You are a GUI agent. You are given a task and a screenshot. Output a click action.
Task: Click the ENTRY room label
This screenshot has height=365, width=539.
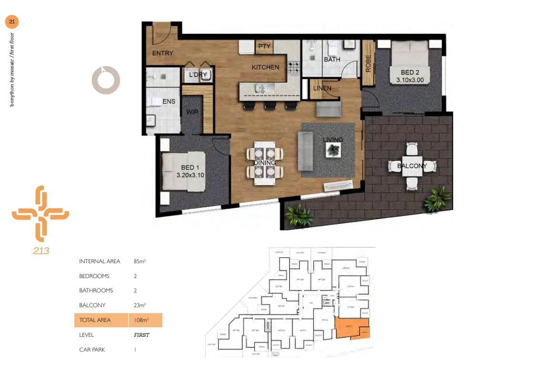pyautogui.click(x=162, y=53)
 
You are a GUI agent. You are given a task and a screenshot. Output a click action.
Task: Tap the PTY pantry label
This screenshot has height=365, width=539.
pyautogui.click(x=264, y=46)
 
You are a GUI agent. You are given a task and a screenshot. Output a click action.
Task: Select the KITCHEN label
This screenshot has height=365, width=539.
pyautogui.click(x=265, y=67)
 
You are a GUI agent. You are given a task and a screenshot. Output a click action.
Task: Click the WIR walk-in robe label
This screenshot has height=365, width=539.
pyautogui.click(x=193, y=112)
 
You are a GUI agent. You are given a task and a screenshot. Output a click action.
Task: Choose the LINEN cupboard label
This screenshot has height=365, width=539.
pyautogui.click(x=323, y=88)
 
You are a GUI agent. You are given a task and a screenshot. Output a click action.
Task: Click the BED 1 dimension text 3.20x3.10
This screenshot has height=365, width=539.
pyautogui.click(x=190, y=175)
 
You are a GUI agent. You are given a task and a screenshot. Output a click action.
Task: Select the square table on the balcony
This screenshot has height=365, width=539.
pyautogui.click(x=411, y=166)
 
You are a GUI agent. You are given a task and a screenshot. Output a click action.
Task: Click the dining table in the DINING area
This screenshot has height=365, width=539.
pyautogui.click(x=264, y=162)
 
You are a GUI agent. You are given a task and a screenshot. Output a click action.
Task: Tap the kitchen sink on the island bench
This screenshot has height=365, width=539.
pyautogui.click(x=261, y=88)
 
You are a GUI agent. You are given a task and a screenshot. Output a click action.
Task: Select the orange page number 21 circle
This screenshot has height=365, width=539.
pyautogui.click(x=12, y=21)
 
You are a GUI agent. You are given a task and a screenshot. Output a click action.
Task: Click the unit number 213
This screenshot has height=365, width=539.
pyautogui.click(x=41, y=251)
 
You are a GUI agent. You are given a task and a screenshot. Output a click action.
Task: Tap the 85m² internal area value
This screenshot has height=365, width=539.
pyautogui.click(x=140, y=261)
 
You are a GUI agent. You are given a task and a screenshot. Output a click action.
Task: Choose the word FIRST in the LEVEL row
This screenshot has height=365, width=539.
pyautogui.click(x=142, y=335)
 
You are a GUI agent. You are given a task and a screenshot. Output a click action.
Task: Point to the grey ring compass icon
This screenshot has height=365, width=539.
pyautogui.click(x=106, y=80)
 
